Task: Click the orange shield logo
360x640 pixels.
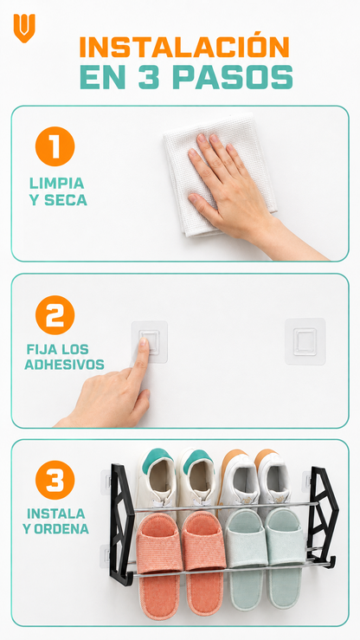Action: pos(24,28)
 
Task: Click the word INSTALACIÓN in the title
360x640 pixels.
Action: pos(184,46)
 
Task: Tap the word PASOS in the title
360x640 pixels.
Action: pos(233,77)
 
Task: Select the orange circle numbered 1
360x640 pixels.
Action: pos(55,146)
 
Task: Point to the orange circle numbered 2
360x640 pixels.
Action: pos(55,314)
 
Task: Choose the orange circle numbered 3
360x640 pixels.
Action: pos(55,480)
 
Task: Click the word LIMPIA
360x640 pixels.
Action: pos(56,184)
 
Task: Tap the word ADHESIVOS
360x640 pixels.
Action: pos(64,365)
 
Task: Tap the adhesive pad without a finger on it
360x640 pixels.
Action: pos(305,341)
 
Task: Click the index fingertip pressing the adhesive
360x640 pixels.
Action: pos(144,343)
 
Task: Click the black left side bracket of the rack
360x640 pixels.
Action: pos(121,525)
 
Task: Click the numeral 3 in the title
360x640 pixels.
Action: pos(148,77)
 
